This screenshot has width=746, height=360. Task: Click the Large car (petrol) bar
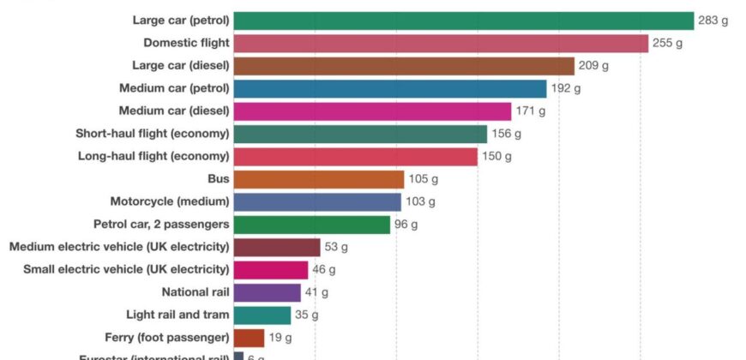pyautogui.click(x=463, y=21)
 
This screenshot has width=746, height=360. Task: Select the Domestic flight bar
pyautogui.click(x=441, y=43)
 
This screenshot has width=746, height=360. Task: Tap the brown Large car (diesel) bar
pyautogui.click(x=404, y=66)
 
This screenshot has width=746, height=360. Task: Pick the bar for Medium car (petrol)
pyautogui.click(x=389, y=88)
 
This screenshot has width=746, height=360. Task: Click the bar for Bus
pyautogui.click(x=318, y=179)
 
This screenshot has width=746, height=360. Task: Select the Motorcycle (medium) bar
pyautogui.click(x=317, y=201)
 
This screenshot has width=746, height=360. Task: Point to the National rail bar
pyautogui.click(x=267, y=292)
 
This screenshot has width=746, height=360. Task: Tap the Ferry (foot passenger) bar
pyautogui.click(x=249, y=338)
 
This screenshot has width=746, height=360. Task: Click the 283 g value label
pyautogui.click(x=713, y=21)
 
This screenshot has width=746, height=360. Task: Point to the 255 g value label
pyautogui.click(x=667, y=43)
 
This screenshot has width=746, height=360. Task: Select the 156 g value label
pyautogui.click(x=506, y=134)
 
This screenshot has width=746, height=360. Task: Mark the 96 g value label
pyautogui.click(x=406, y=225)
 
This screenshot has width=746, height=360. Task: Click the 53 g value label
pyautogui.click(x=335, y=247)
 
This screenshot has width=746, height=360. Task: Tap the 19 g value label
pyautogui.click(x=280, y=338)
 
